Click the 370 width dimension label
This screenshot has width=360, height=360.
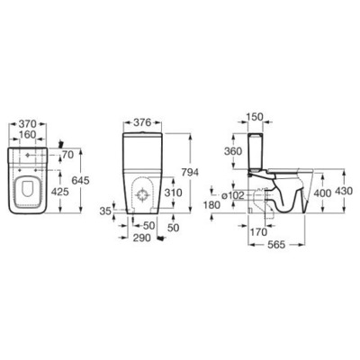28,123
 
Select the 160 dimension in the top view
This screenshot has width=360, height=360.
28,135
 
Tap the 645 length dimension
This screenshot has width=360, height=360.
81,180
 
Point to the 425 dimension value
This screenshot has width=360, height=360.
60,192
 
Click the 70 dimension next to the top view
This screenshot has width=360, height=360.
67,155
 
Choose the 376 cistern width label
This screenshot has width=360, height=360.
143,122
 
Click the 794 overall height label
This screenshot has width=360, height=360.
190,172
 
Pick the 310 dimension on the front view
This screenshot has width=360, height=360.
173,193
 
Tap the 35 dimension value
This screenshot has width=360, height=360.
105,211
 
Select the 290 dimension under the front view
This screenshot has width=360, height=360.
141,238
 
